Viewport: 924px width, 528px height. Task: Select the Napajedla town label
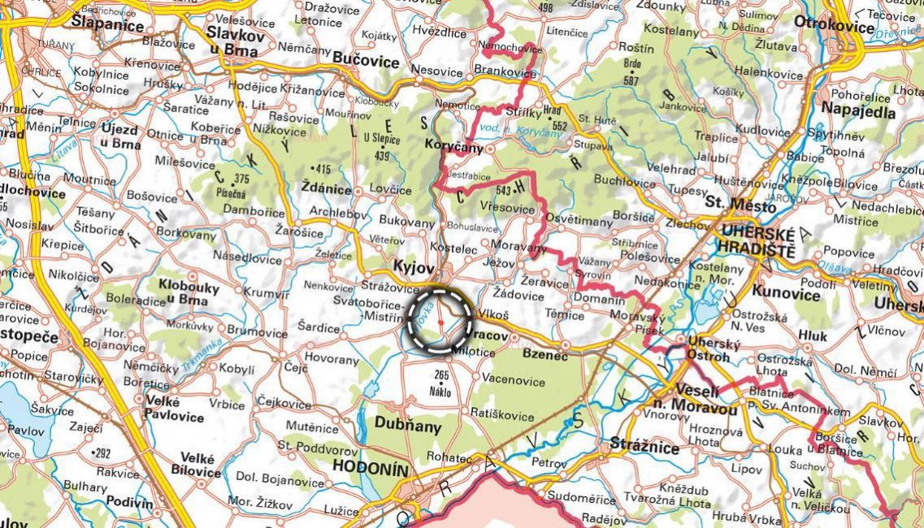[x=858, y=111]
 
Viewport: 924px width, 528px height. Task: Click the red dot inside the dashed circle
[x=440, y=322]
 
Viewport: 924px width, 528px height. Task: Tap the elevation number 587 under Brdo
[x=631, y=81]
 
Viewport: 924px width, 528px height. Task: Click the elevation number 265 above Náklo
[x=441, y=375]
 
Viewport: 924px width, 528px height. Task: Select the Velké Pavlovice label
[x=174, y=407]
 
